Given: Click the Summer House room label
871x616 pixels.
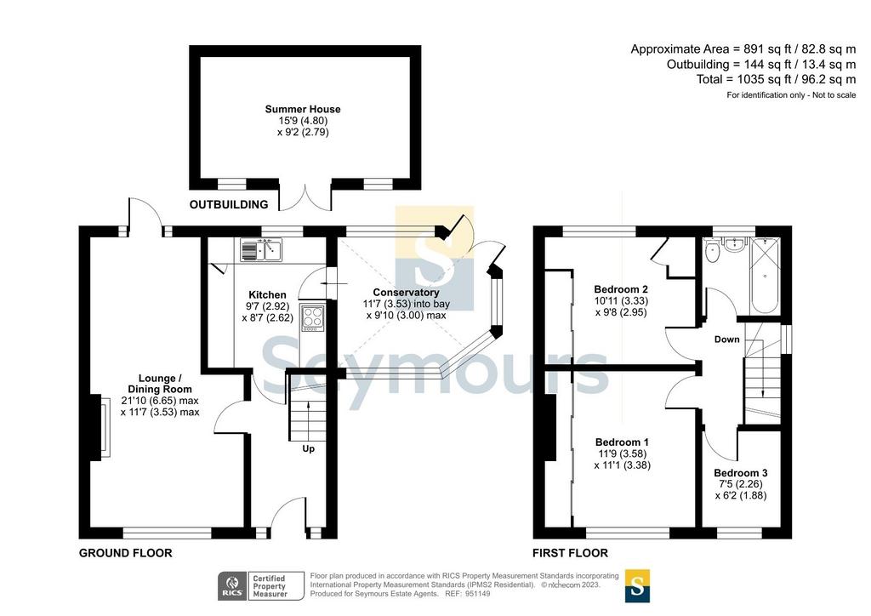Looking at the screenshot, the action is click(303, 110).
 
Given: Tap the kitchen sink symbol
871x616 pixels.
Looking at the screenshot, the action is click(262, 249).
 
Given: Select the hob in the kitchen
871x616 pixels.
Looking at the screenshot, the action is click(312, 318).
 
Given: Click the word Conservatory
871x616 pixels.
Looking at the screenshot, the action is click(406, 292).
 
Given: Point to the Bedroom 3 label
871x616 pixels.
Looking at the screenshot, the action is click(741, 473).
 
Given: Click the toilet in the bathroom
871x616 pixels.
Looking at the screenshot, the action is click(712, 252).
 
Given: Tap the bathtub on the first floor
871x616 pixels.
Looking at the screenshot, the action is click(766, 276).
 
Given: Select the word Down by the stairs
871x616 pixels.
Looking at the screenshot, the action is click(726, 339).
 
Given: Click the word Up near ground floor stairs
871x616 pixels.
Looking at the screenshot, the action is click(308, 448).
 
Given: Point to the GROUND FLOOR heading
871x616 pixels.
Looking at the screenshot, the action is click(126, 553).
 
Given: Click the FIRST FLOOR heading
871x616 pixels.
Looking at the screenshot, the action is click(570, 553).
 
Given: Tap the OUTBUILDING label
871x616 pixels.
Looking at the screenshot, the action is click(229, 204).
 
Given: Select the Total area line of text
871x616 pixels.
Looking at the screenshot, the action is click(776, 79).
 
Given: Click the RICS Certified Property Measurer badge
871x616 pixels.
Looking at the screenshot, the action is click(260, 586).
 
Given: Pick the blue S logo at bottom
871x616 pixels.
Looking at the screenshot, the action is click(637, 585).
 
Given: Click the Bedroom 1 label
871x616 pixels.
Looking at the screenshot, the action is click(622, 442).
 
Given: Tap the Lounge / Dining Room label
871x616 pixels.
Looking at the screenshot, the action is click(160, 384).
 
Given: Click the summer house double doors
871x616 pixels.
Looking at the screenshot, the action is click(305, 197).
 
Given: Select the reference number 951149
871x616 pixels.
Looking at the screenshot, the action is click(479, 593).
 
